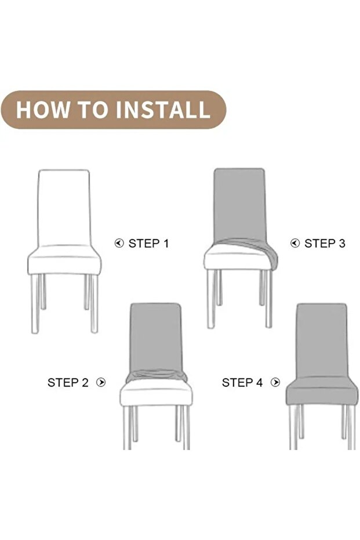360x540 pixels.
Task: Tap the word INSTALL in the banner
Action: point(162,110)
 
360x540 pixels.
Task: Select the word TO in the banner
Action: point(92,110)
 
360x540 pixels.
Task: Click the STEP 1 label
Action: point(148,244)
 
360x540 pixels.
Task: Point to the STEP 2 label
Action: point(68,382)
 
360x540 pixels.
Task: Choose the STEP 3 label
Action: point(325,244)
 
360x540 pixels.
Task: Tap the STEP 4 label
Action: point(242,382)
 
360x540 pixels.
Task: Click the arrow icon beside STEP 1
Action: point(119,244)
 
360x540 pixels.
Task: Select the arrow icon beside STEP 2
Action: point(101,382)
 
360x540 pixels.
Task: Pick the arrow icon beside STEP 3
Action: point(295,244)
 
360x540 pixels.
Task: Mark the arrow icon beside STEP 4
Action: point(275,382)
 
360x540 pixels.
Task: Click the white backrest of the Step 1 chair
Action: point(64,207)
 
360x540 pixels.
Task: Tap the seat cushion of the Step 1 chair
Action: point(64,260)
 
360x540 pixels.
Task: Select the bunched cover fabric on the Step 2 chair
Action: point(157,376)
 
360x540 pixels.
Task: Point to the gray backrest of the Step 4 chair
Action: point(322,340)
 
